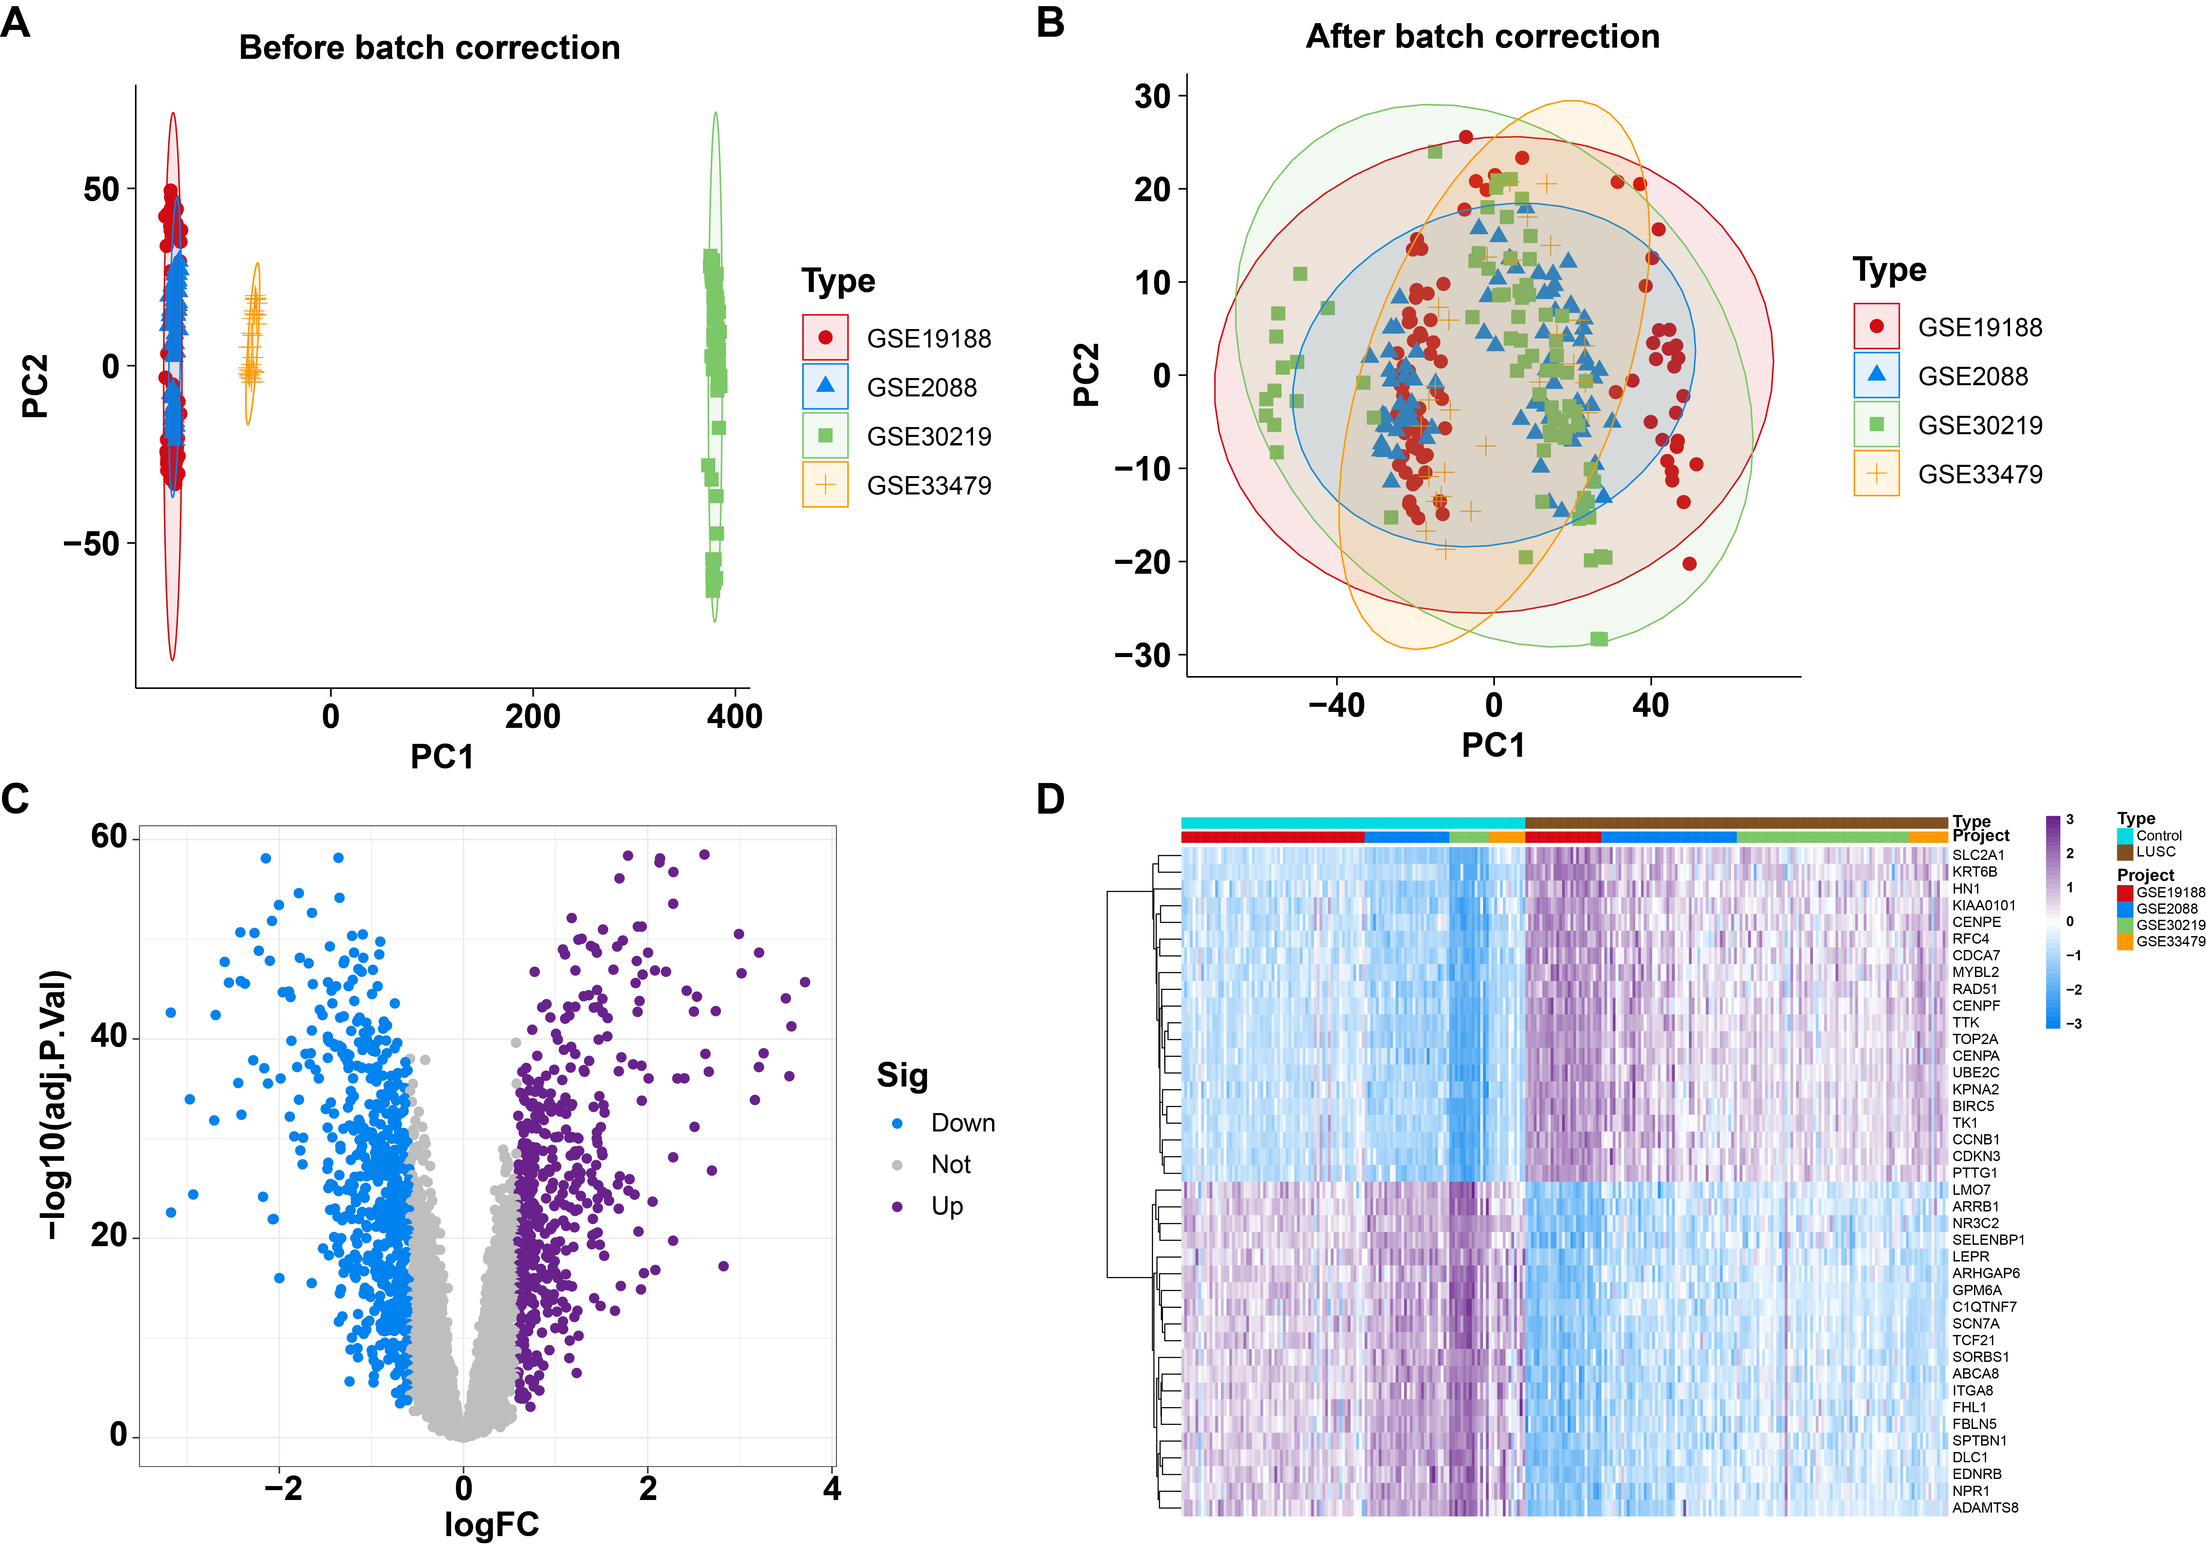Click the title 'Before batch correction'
click(429, 47)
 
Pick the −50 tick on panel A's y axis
click(91, 544)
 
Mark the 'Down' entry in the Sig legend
click(962, 1123)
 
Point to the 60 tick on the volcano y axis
click(109, 837)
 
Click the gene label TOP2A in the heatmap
click(1974, 1039)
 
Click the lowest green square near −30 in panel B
click(1599, 639)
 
